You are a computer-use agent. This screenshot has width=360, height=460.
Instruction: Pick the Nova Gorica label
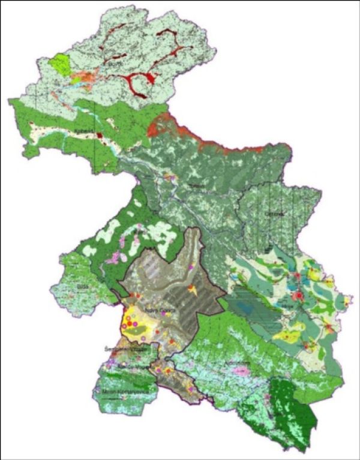(154, 309)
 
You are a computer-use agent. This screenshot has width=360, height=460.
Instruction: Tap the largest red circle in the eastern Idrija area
(296, 295)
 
